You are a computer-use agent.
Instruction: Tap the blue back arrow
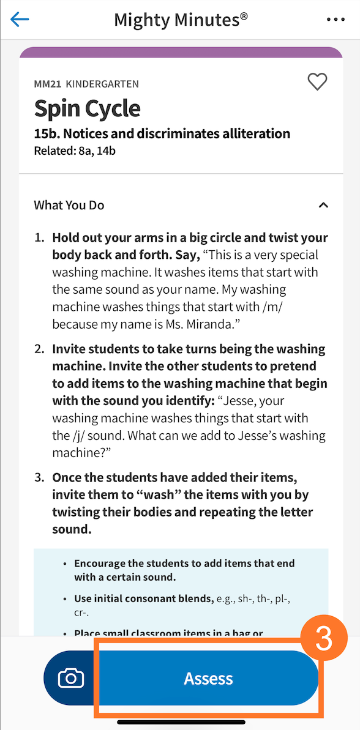click(x=20, y=20)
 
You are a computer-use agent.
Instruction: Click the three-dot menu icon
click(x=336, y=20)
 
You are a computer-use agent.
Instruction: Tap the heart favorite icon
click(x=317, y=82)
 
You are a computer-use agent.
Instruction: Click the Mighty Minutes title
click(x=181, y=20)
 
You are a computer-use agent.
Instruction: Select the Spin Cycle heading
click(x=87, y=109)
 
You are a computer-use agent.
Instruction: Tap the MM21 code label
click(x=47, y=84)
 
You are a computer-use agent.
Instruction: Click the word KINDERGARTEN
click(x=102, y=84)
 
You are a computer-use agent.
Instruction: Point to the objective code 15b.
click(x=47, y=133)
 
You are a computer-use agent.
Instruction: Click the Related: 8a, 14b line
click(x=74, y=150)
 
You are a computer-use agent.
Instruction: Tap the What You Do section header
click(x=69, y=205)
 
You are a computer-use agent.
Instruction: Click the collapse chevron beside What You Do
click(x=323, y=205)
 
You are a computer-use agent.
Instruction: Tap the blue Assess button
click(x=209, y=679)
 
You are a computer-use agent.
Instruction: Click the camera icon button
click(x=71, y=679)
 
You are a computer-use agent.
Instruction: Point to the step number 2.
click(x=39, y=349)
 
